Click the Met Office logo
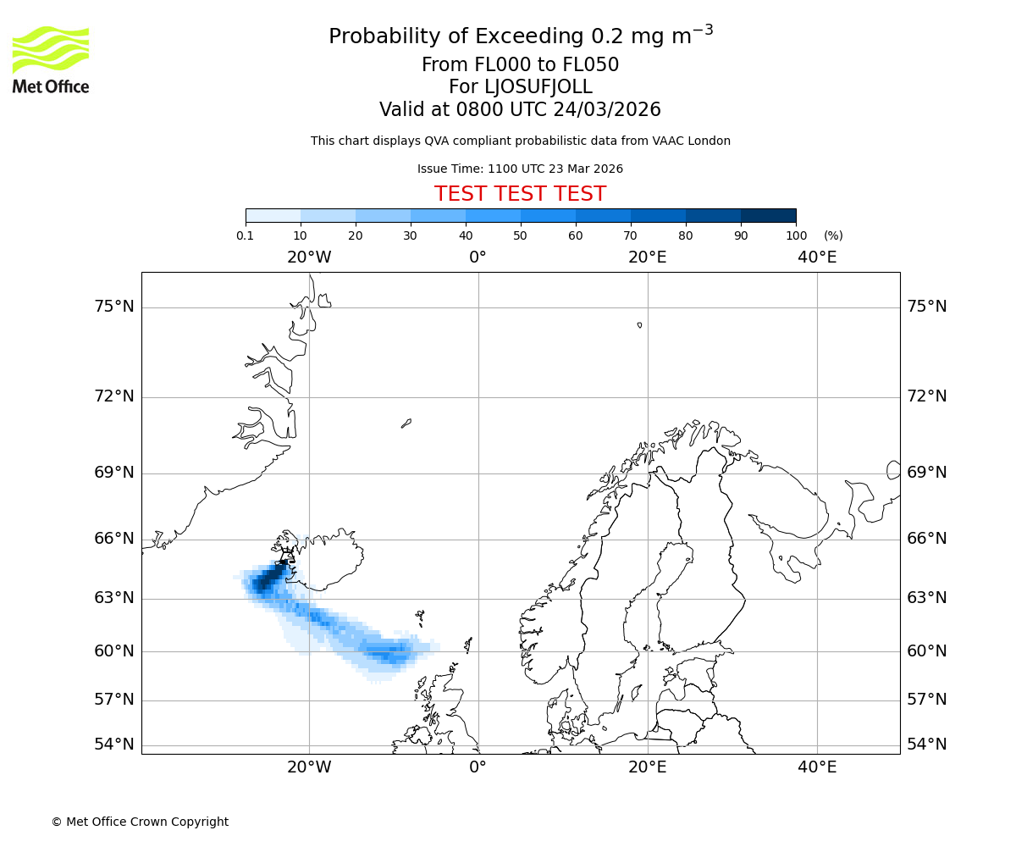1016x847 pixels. click(x=51, y=59)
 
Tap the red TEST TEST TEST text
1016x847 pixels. click(x=520, y=194)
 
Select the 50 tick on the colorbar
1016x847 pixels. click(x=521, y=235)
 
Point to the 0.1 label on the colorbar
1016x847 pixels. click(x=246, y=235)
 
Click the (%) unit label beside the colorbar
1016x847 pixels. click(x=833, y=235)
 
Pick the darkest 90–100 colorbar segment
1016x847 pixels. click(x=768, y=215)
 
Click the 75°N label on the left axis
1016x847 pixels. click(x=114, y=307)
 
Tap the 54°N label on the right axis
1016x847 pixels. click(x=927, y=745)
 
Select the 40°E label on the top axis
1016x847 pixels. click(x=817, y=257)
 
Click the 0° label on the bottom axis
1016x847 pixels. click(x=478, y=767)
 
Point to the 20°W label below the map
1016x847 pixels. click(x=309, y=767)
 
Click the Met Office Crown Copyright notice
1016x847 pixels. click(x=140, y=822)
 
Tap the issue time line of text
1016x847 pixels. click(x=520, y=169)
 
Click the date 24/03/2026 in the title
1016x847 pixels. click(x=607, y=110)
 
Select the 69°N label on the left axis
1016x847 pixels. click(x=114, y=473)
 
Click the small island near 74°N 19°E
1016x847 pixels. click(x=639, y=324)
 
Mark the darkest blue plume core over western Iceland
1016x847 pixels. click(x=269, y=580)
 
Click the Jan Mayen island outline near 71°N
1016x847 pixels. click(x=406, y=423)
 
